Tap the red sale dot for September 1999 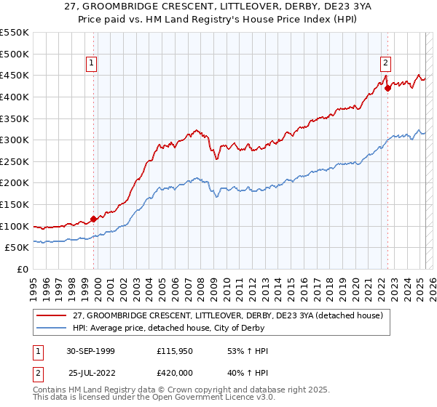[x=94, y=219]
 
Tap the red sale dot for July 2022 [x=387, y=88]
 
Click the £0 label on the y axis [x=23, y=270]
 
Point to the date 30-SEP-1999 [x=90, y=351]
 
